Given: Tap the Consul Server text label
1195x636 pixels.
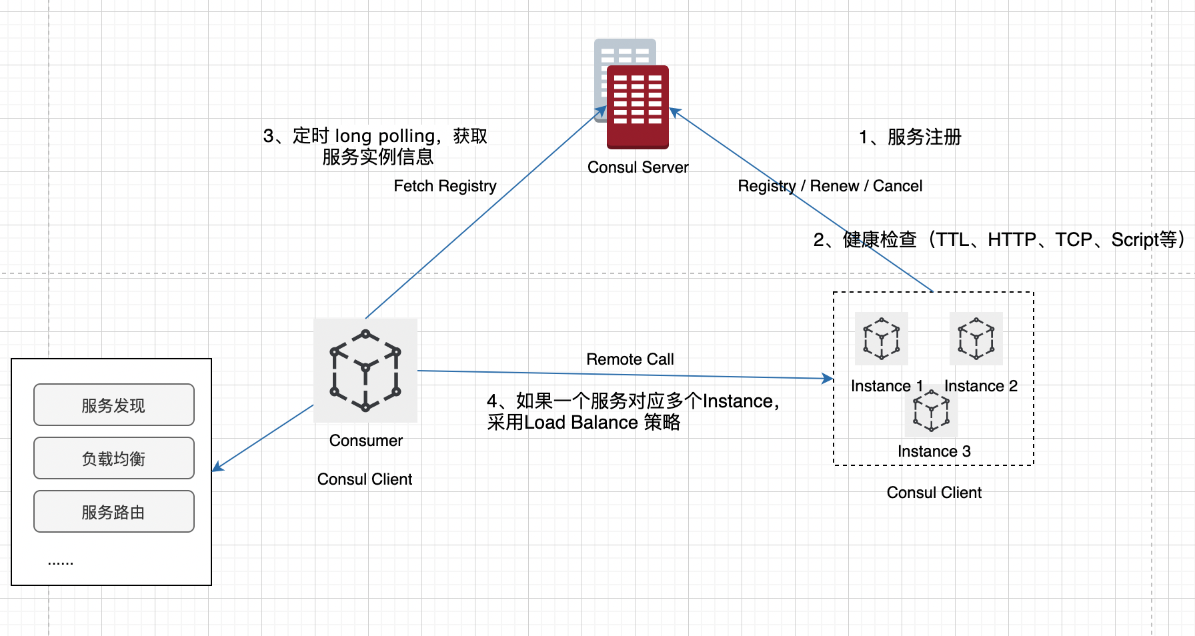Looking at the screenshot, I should (x=638, y=167).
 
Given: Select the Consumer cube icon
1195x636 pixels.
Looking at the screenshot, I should (x=365, y=370).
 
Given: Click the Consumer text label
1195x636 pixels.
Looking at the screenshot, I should (x=366, y=441).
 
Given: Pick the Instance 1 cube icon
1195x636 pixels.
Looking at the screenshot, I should (x=882, y=338).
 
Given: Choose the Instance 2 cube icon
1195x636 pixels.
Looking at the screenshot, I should (x=976, y=338).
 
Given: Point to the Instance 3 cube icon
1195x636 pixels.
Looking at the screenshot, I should (x=932, y=411).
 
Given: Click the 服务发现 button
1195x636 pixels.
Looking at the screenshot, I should (x=114, y=405).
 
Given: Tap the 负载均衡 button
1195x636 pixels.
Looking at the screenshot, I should (x=114, y=459).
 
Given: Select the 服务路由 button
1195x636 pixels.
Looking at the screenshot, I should (x=114, y=512).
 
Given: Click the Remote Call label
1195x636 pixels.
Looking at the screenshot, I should (x=630, y=359).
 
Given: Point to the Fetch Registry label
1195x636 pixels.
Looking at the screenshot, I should (x=445, y=186).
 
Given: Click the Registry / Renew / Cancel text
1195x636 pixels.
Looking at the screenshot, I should (x=830, y=186).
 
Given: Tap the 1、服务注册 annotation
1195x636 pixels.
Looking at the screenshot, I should (x=910, y=137).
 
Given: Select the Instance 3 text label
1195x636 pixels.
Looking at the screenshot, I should (x=934, y=451).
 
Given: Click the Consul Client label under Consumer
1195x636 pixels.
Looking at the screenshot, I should (x=365, y=479).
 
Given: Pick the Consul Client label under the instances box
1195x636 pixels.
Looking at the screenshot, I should (x=934, y=493).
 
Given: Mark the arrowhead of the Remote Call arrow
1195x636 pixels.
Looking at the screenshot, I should (x=829, y=379).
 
